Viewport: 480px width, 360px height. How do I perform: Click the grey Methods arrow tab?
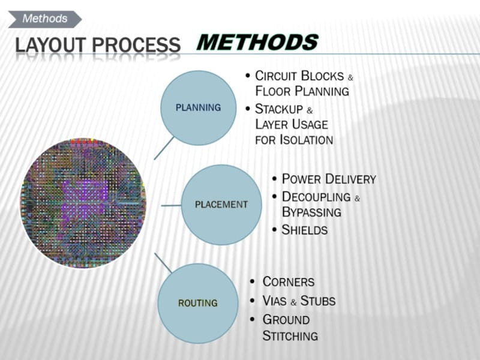tap(44, 19)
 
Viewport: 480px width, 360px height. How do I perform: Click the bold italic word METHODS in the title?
tap(257, 42)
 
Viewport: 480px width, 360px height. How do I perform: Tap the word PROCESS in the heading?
tap(136, 44)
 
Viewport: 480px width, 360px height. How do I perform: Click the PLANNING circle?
tap(199, 108)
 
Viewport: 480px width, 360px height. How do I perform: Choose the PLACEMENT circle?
tap(221, 205)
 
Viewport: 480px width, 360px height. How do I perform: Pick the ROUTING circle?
tap(198, 303)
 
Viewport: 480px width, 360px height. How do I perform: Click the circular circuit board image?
tap(83, 203)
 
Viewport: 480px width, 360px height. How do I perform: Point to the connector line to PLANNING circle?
tap(164, 148)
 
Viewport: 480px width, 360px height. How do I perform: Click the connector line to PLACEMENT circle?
tap(171, 205)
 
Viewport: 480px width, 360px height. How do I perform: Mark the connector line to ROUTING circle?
tap(163, 263)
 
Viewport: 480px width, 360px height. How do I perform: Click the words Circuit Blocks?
tap(299, 76)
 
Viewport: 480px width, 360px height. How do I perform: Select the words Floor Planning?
tap(302, 91)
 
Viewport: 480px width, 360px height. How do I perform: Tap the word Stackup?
tap(279, 109)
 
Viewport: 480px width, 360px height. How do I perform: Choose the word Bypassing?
tap(311, 212)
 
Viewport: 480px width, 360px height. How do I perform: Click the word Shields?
tap(305, 230)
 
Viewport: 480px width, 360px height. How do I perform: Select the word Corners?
tap(289, 282)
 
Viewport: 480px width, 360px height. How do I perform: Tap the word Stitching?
tap(290, 336)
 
